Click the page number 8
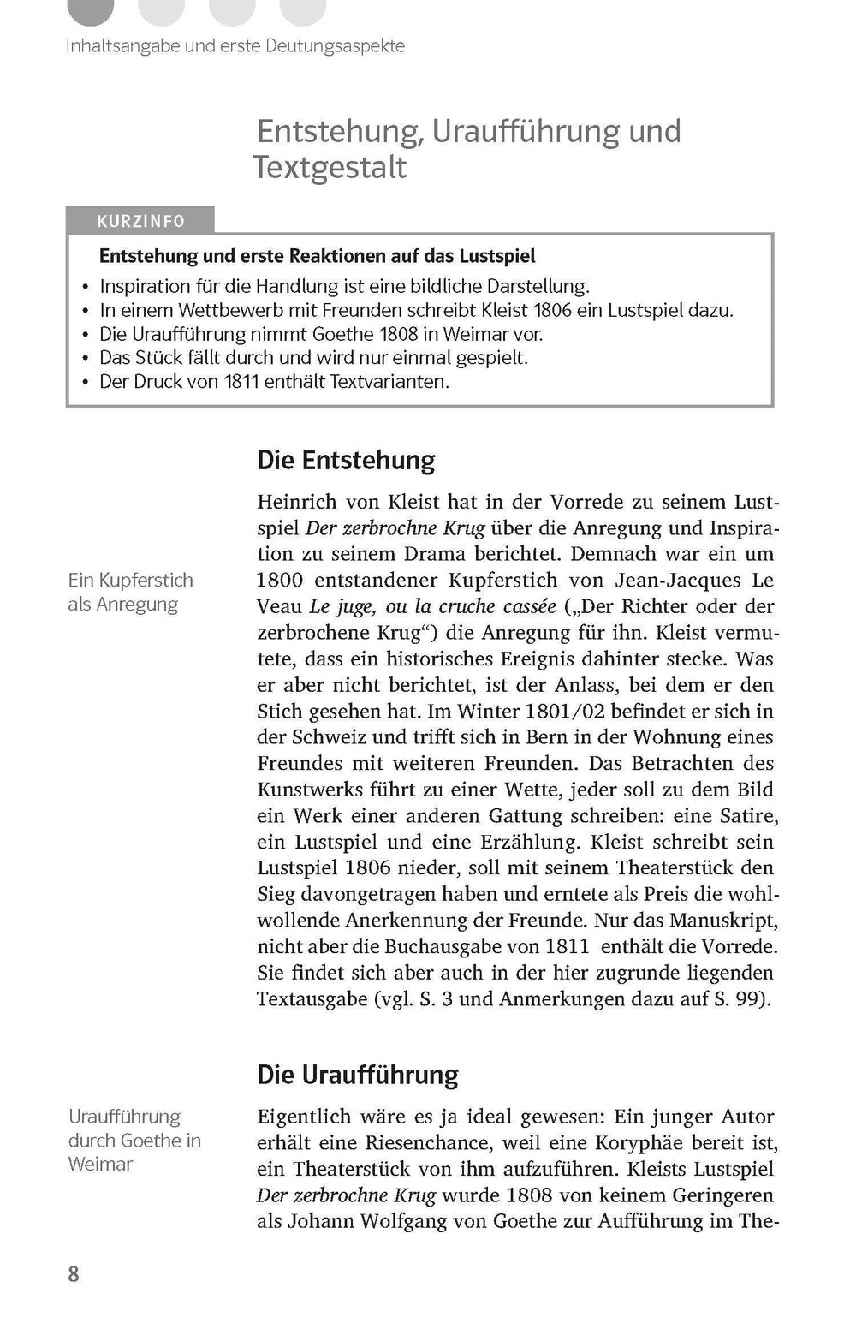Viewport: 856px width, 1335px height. click(x=74, y=1274)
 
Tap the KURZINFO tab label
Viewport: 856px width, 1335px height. click(x=140, y=221)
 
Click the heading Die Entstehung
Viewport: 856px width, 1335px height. click(x=346, y=461)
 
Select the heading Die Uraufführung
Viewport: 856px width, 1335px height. click(x=358, y=1075)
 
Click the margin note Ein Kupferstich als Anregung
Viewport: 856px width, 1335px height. click(x=130, y=592)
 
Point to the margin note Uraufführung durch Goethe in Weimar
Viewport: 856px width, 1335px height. click(x=134, y=1140)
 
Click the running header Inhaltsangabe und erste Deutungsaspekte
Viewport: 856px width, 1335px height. click(x=235, y=45)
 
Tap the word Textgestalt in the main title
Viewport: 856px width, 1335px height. click(x=330, y=167)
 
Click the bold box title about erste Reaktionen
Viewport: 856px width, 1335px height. click(x=318, y=256)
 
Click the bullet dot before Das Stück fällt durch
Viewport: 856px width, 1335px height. click(x=85, y=358)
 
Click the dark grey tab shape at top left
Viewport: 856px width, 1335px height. click(x=90, y=10)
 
